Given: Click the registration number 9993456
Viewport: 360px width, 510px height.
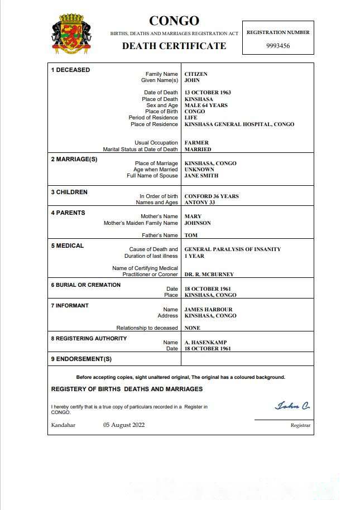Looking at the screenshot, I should [277, 46].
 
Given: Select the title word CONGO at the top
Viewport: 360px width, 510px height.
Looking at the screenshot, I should [174, 21].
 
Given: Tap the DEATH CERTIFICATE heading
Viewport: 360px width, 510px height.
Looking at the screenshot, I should [174, 46].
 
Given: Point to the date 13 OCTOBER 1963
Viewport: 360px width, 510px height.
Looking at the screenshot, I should [208, 93].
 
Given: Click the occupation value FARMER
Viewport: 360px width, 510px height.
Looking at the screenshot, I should [197, 143].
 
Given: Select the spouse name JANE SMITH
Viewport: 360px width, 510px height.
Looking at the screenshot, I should [201, 176].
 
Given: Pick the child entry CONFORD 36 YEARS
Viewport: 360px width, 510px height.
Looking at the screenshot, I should [212, 196].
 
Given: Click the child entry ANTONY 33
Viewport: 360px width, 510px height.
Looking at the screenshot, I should [200, 203].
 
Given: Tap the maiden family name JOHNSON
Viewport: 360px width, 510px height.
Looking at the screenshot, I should [198, 223].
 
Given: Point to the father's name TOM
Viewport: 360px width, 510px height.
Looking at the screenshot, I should [191, 235].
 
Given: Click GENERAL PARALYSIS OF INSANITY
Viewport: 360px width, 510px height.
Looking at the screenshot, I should [232, 249].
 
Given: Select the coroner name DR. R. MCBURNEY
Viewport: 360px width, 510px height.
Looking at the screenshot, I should [209, 275].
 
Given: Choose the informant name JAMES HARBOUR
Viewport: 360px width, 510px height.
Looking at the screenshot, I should [208, 310].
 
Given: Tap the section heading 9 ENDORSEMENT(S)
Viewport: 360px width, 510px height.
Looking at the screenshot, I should [81, 359].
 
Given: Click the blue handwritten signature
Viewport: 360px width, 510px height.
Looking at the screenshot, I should [292, 406].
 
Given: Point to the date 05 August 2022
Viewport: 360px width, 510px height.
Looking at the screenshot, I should [124, 425].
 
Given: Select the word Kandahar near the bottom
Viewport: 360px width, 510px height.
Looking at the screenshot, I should [63, 425].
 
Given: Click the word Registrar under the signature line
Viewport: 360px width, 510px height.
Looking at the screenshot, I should [300, 425].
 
